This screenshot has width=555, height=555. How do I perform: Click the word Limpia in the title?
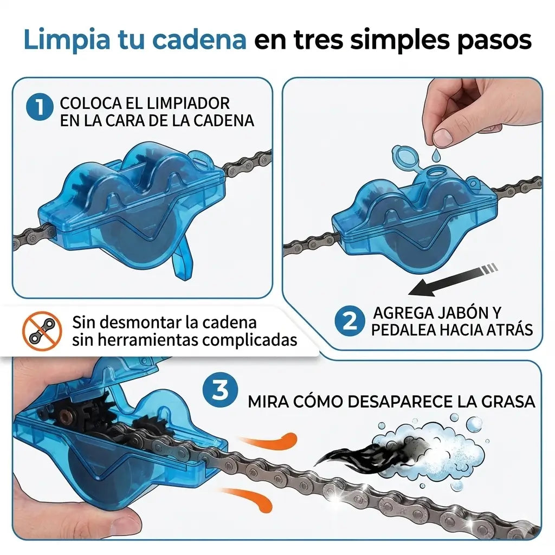[67, 40]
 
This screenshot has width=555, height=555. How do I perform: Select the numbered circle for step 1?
[40, 107]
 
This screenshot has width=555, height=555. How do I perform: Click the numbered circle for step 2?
[350, 321]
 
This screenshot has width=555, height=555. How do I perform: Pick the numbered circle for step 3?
[220, 390]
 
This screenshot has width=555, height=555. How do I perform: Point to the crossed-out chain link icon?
[42, 331]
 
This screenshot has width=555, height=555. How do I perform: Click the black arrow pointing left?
[453, 280]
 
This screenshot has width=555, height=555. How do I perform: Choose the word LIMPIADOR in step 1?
[188, 104]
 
